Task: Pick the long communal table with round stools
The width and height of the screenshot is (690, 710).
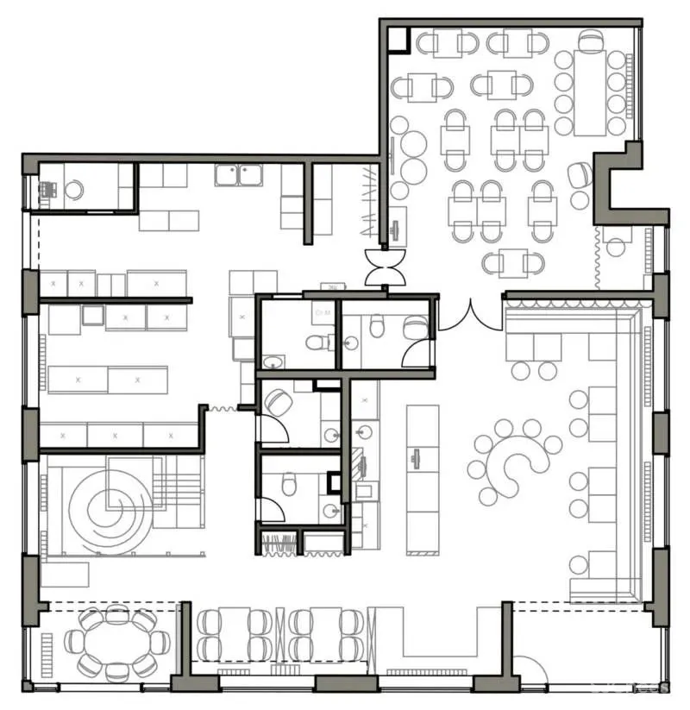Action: [590, 93]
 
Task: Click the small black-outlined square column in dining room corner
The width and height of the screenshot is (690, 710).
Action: [398, 39]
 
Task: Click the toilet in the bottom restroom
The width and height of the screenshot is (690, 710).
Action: [291, 486]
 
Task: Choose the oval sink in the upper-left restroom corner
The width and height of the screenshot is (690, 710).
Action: [272, 361]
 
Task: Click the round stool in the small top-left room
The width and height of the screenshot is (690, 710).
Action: [74, 190]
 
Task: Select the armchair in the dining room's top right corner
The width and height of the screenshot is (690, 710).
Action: [591, 41]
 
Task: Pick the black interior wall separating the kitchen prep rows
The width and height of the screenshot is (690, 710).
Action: [115, 300]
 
